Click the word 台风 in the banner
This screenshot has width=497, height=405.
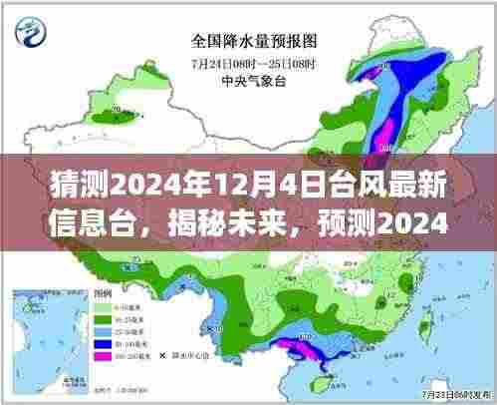point(306,186)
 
